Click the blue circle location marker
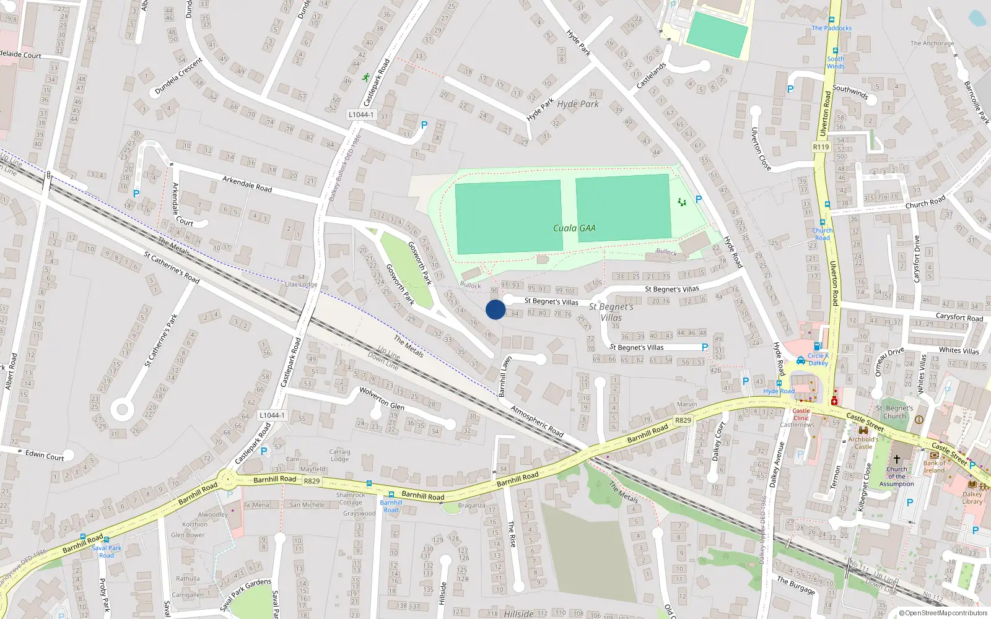[495, 309]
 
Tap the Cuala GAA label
[574, 228]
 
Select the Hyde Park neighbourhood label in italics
[578, 104]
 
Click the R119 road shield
[821, 147]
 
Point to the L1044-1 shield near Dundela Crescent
[360, 115]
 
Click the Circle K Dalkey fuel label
[818, 360]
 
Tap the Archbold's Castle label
[863, 443]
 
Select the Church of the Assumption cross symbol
[896, 459]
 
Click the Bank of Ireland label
[934, 467]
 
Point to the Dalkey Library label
[972, 498]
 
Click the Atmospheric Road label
[537, 422]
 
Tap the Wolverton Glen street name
[382, 399]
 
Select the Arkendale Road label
[247, 184]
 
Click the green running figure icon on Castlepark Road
[366, 78]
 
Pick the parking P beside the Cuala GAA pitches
[699, 199]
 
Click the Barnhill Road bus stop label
[391, 506]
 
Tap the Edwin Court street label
[45, 456]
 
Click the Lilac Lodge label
[301, 285]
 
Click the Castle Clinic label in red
[801, 414]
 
